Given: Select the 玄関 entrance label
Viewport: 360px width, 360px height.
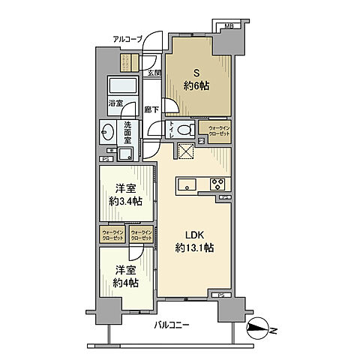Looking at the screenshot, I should [154, 73].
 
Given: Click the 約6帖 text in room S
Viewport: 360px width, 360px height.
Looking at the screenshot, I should [198, 86].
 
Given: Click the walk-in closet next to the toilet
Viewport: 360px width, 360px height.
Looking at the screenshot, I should [218, 130].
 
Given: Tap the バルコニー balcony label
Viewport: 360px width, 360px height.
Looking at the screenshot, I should [172, 325].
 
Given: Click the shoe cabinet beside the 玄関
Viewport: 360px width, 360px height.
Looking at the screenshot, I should [130, 61].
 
